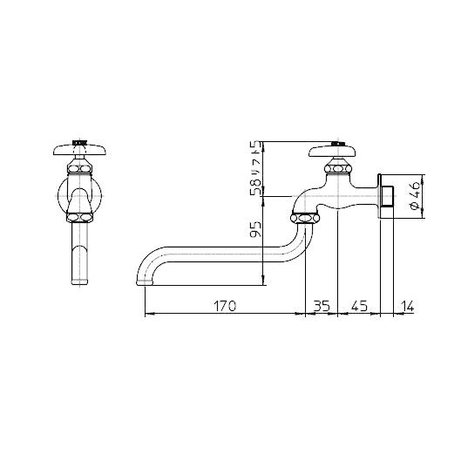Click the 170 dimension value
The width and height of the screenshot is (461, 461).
click(x=224, y=306)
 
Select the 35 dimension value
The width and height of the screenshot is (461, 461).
click(x=321, y=306)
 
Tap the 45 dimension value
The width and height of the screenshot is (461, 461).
click(x=359, y=306)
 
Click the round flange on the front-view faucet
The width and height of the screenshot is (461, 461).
click(x=79, y=193)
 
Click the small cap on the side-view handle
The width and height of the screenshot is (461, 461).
click(x=340, y=142)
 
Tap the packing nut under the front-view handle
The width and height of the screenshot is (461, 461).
click(x=79, y=165)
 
